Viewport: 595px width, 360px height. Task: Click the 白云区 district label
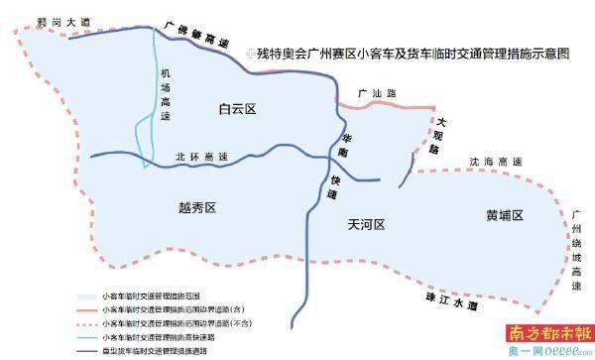point(239,111)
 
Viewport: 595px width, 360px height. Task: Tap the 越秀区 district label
point(197,207)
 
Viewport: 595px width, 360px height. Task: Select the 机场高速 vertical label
point(166,95)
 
